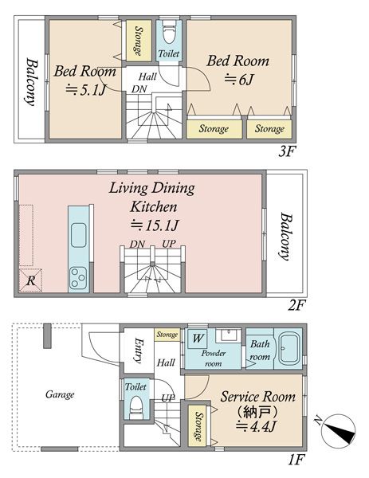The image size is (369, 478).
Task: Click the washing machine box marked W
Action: coord(198,339)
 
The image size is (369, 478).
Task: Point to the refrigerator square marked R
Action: coord(30,280)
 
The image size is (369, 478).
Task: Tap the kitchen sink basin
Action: coord(78,235)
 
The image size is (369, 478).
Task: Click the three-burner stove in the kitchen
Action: coord(78,278)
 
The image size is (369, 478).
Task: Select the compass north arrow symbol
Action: coord(340,429)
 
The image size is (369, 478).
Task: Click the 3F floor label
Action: coord(287,151)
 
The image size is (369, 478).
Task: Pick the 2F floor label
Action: coord(296,305)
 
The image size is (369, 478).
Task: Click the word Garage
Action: coord(60,395)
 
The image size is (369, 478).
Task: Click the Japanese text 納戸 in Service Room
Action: coord(257,413)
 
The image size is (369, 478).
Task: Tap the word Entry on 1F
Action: coord(139,351)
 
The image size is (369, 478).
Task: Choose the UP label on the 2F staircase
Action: coord(169,244)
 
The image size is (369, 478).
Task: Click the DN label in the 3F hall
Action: coord(139,89)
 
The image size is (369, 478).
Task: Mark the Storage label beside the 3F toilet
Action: coord(139,41)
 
